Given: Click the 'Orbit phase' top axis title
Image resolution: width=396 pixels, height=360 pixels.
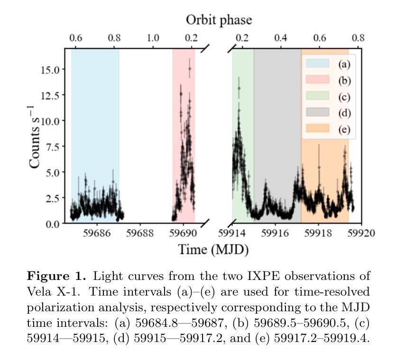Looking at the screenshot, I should pyautogui.click(x=219, y=20).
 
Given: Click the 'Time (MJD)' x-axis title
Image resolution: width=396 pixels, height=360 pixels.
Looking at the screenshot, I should pyautogui.click(x=213, y=249).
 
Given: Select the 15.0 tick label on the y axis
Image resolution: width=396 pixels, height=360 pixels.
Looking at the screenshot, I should pyautogui.click(x=49, y=69).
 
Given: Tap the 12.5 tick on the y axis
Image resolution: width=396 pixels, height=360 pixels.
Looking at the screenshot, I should pyautogui.click(x=49, y=95).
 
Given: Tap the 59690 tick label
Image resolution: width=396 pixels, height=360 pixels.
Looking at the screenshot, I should pyautogui.click(x=183, y=233).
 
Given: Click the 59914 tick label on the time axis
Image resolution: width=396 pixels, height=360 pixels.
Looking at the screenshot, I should pyautogui.click(x=233, y=233).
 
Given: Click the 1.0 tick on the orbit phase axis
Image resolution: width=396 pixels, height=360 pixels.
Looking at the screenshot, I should pyautogui.click(x=153, y=37).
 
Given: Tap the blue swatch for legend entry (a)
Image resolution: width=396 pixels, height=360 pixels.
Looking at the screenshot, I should pyautogui.click(x=317, y=63).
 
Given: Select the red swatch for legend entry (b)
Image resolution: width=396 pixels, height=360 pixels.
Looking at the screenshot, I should pyautogui.click(x=317, y=80).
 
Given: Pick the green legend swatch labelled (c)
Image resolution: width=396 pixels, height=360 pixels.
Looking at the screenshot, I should pyautogui.click(x=317, y=97).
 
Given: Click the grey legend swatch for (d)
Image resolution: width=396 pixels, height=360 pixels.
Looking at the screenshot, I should pyautogui.click(x=317, y=113).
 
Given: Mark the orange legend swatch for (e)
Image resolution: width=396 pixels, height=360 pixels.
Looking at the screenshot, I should pyautogui.click(x=317, y=129).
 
